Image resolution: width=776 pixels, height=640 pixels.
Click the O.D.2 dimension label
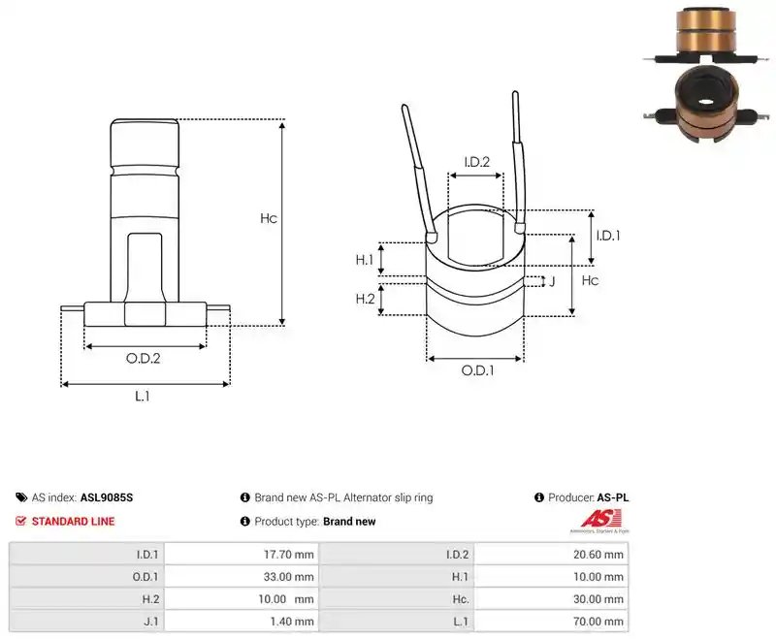(143, 358)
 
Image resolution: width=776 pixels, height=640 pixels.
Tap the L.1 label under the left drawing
(142, 397)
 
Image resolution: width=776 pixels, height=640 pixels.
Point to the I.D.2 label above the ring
(476, 162)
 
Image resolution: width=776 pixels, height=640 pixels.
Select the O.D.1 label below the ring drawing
(477, 370)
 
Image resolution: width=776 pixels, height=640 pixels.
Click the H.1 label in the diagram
(365, 260)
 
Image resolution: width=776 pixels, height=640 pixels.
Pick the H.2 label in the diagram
(366, 299)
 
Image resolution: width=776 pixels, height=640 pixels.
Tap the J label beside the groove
(552, 281)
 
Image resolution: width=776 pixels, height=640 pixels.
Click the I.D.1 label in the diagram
(608, 236)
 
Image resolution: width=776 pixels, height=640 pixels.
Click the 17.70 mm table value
(288, 555)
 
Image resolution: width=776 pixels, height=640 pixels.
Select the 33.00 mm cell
(288, 577)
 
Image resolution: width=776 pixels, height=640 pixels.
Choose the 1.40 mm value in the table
(292, 622)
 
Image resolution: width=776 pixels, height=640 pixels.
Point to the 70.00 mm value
(598, 622)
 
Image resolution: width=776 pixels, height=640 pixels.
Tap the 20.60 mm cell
(598, 555)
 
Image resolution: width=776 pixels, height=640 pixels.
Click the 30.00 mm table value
(598, 599)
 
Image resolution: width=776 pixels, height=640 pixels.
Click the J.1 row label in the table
(151, 622)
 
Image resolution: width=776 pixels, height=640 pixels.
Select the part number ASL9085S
(107, 497)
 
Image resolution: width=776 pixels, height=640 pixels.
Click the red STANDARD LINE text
(74, 522)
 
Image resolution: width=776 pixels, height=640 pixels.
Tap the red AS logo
(600, 520)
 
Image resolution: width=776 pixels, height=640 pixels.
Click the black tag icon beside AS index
(21, 497)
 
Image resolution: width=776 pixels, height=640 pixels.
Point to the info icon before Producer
(539, 497)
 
